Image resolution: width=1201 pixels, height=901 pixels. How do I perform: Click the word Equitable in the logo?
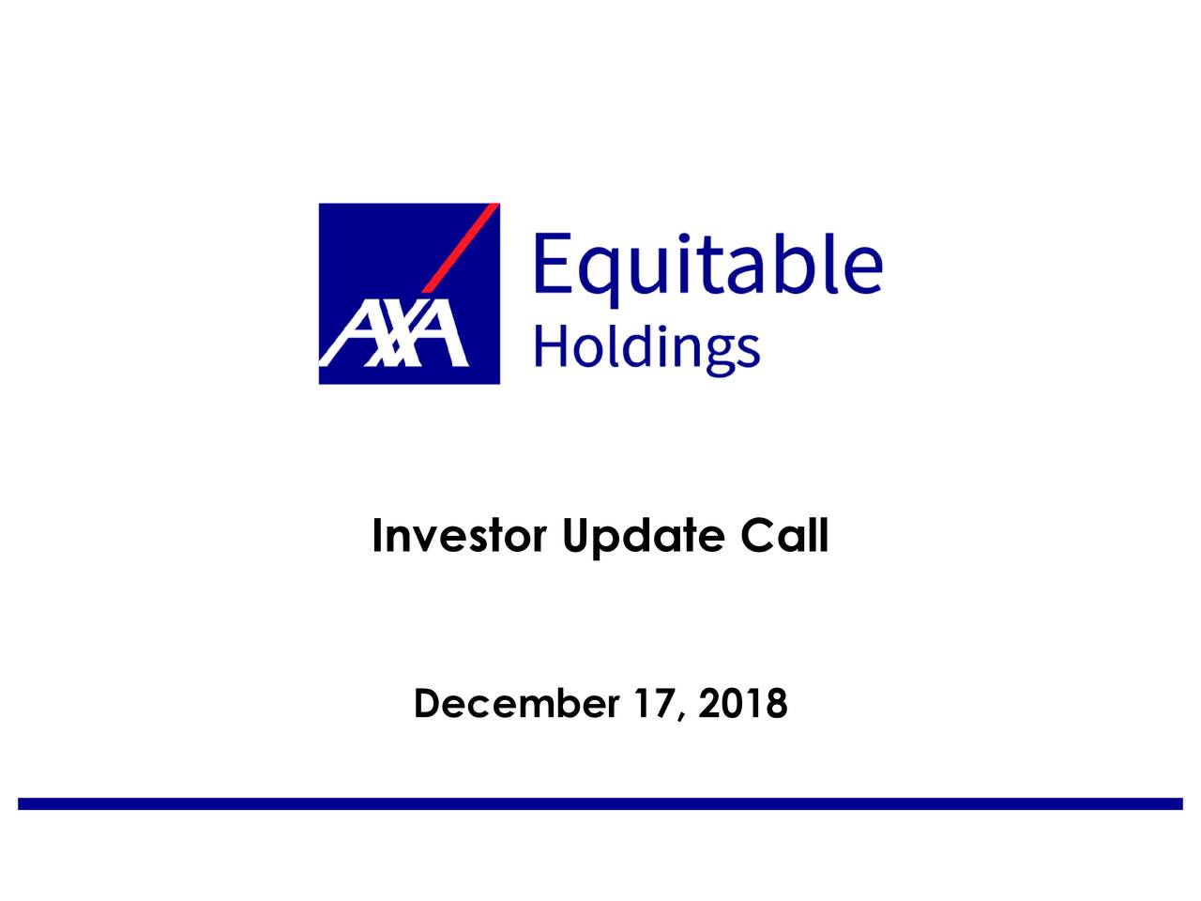707,265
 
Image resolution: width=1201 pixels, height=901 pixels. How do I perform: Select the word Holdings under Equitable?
646,349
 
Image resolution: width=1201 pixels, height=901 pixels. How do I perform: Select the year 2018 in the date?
743,703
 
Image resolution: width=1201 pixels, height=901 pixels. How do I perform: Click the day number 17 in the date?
654,703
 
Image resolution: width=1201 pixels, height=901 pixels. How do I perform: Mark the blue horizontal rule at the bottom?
600,803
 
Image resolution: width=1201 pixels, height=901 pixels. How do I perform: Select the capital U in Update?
575,537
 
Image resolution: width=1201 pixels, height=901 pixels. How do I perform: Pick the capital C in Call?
755,537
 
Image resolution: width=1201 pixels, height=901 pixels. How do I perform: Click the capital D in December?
427,703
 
